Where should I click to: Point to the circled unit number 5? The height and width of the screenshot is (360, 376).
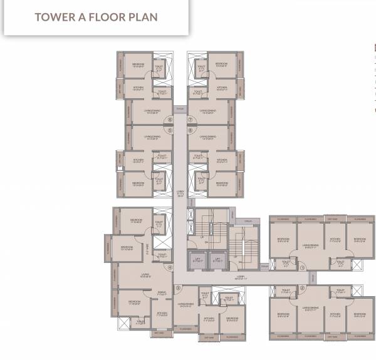point(169,131)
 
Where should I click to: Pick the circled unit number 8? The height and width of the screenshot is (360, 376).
point(191,131)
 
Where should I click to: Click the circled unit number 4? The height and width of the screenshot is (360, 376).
point(169,267)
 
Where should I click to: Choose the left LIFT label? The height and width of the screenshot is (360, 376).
point(196,257)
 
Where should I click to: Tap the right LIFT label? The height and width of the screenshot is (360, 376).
point(218,257)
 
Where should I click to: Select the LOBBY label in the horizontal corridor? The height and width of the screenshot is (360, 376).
point(241,275)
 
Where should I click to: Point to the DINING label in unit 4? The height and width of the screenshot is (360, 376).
point(162,292)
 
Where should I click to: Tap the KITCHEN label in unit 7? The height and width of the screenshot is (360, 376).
point(221,87)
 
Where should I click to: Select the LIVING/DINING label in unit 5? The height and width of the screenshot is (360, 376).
point(152,136)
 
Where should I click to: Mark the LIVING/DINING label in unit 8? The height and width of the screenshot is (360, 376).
point(208,136)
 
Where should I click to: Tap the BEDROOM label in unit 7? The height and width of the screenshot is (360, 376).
point(221,64)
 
